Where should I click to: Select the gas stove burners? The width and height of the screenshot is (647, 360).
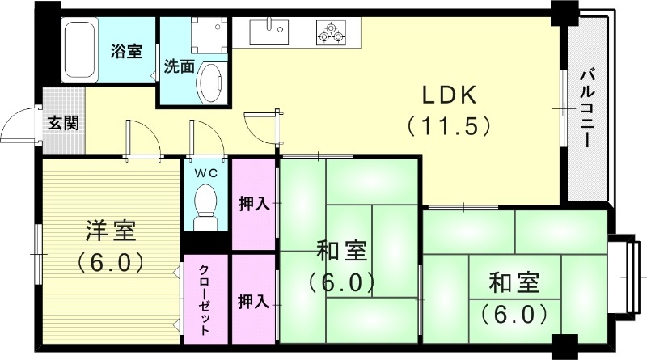point(330,33)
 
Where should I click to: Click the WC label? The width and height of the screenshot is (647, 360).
point(206,172)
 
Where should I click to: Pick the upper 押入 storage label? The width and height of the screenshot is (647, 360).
point(253,203)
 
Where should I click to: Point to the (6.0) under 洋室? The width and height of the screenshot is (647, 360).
point(110,262)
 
